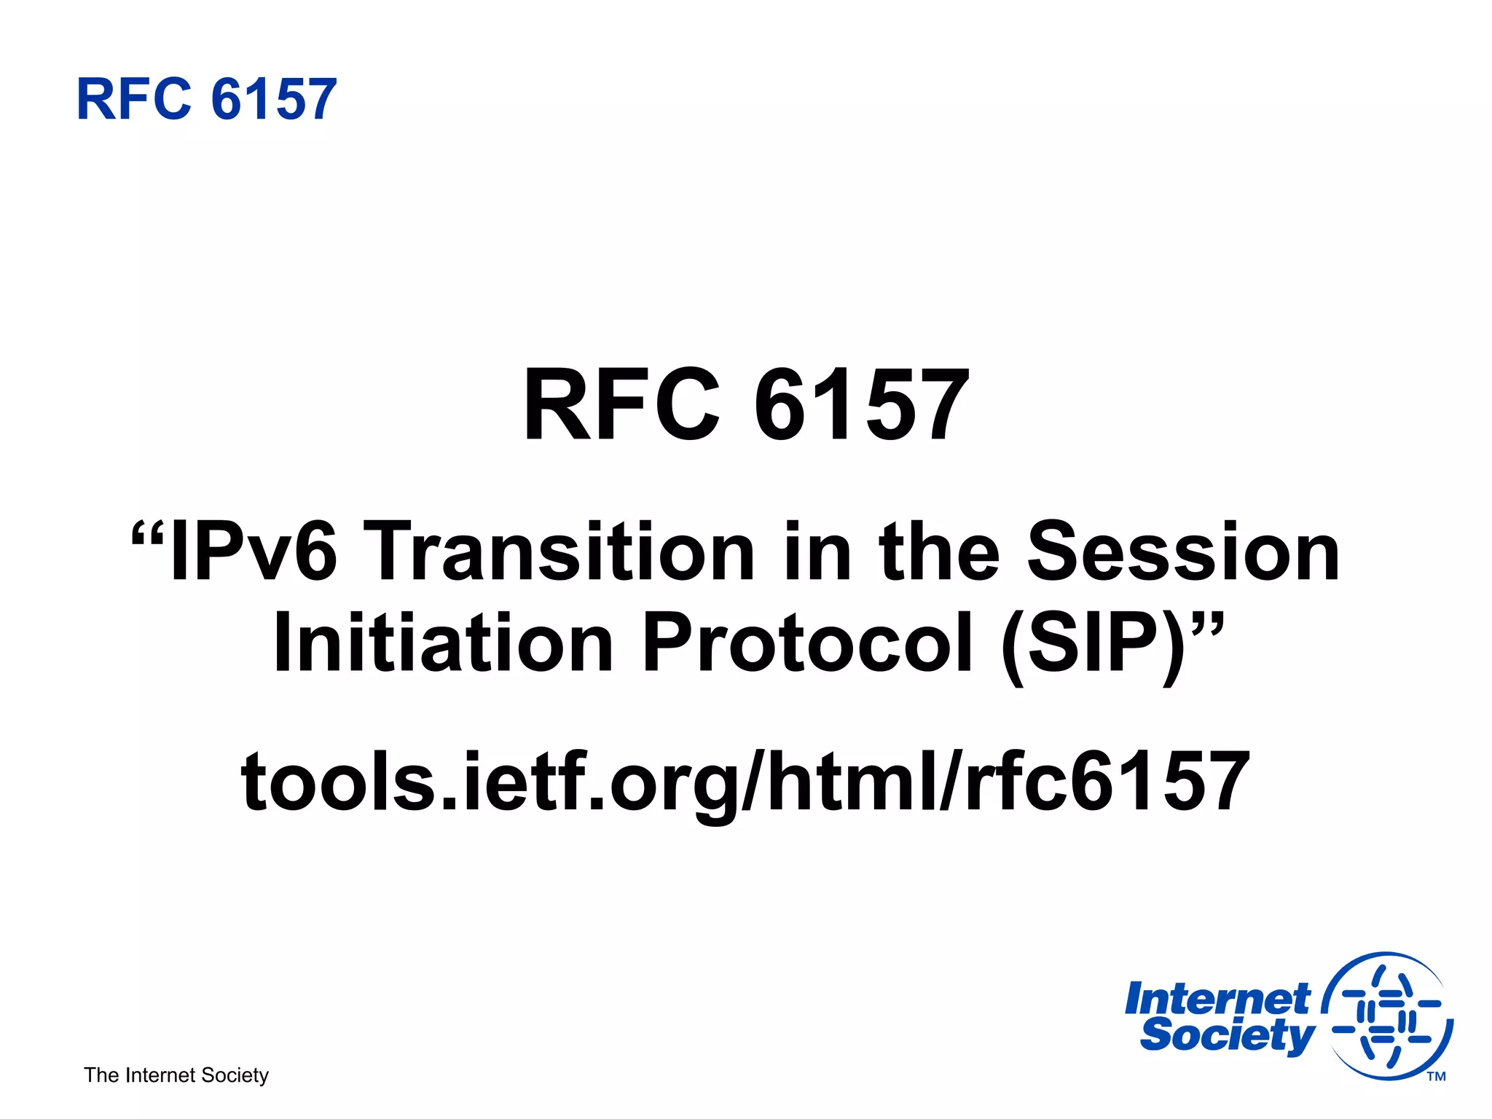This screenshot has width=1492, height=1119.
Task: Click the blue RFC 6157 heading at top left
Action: pyautogui.click(x=206, y=99)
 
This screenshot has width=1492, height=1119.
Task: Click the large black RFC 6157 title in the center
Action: pyautogui.click(x=746, y=405)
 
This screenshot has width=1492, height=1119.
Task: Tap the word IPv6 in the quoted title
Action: pyautogui.click(x=253, y=552)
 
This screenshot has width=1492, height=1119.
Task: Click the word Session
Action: pyautogui.click(x=1183, y=552)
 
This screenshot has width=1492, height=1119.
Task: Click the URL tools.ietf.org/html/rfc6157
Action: pyautogui.click(x=745, y=782)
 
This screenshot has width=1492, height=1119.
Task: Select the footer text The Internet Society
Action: pyautogui.click(x=176, y=1075)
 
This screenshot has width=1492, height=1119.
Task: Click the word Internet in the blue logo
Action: pyautogui.click(x=1217, y=999)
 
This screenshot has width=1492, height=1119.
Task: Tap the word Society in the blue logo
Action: pyautogui.click(x=1227, y=1035)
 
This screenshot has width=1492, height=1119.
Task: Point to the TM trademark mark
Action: pyautogui.click(x=1436, y=1077)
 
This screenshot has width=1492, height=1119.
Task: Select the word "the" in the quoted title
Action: pyautogui.click(x=939, y=552)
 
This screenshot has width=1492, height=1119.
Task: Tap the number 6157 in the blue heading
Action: pyautogui.click(x=274, y=99)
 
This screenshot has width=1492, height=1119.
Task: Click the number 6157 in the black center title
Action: pyautogui.click(x=862, y=405)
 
